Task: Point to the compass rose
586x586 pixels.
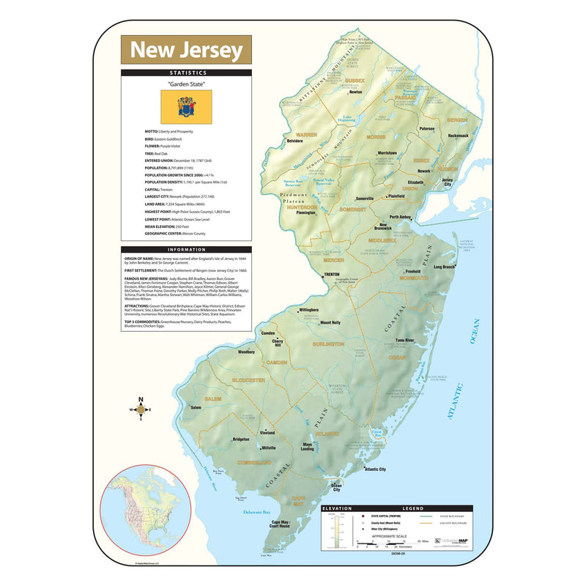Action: pos(141,409)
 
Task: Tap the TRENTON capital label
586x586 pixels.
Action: pos(332,275)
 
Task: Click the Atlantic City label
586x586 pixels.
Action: pos(376,469)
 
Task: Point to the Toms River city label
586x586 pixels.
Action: pos(404,341)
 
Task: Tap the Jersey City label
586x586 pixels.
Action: pos(448,182)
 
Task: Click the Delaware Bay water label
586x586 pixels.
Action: pos(257,512)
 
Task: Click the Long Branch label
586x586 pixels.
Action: pos(444,267)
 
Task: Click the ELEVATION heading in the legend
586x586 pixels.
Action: pos(338,508)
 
